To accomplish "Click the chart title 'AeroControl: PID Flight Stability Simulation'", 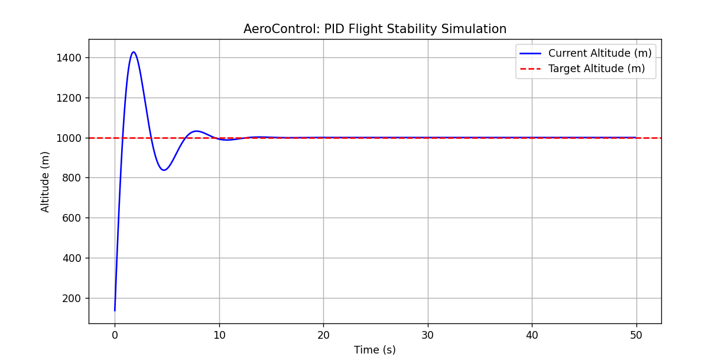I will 375,29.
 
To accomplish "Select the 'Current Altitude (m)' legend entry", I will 600,53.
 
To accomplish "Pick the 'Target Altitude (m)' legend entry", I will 596,69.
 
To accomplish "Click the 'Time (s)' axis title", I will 375,350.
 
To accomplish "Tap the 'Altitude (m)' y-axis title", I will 46,181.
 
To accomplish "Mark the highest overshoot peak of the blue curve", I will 134,52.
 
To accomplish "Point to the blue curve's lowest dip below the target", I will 164,170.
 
